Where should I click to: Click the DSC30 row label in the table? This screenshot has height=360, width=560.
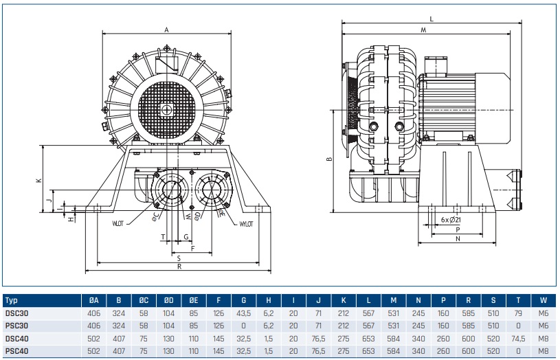tap(17, 313)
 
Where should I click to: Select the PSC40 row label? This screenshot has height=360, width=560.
tap(17, 350)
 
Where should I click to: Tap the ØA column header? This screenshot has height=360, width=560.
tap(94, 300)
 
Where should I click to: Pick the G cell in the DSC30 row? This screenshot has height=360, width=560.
tap(243, 313)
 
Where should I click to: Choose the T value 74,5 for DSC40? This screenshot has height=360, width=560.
tap(517, 337)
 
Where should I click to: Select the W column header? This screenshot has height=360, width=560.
tap(544, 300)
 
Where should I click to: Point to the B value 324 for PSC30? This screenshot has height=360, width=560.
tap(119, 325)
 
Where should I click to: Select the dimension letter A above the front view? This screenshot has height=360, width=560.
tap(167, 30)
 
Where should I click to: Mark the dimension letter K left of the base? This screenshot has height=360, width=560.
tap(39, 180)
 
